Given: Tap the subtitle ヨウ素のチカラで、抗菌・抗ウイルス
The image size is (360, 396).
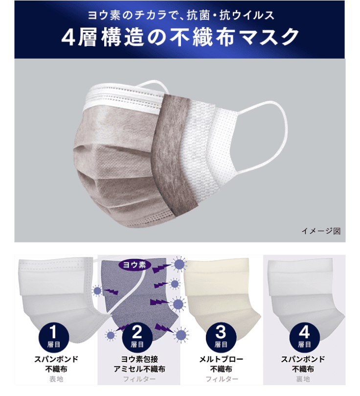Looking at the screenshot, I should point(180,15).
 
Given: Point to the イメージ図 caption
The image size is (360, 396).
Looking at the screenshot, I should point(320,231).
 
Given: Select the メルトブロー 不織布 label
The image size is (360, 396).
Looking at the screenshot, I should point(221,364).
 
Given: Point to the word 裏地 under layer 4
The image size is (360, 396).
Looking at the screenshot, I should point(304,379).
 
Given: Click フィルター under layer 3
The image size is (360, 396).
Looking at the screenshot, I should point(221,379).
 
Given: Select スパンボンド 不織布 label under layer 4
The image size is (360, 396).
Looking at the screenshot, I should point(304,364).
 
